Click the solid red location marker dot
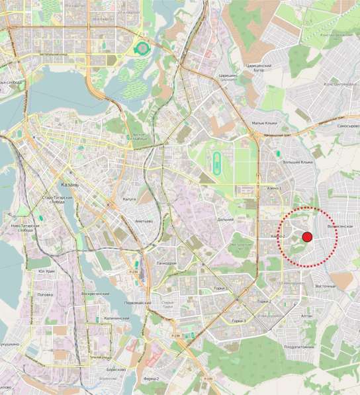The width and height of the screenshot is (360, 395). coord(307,237)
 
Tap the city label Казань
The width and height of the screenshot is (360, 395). coord(69,185)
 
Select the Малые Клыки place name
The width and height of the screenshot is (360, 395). coord(263,123)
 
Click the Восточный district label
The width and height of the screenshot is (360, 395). coord(326,286)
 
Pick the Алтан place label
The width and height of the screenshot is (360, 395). coord(306,316)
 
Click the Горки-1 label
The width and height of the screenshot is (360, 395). coord(222,288)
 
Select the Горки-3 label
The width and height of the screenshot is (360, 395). coord(235,321)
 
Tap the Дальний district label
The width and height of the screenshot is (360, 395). coord(225,220)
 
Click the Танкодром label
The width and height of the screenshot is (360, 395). coord(166,263)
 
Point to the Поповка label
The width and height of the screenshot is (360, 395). coord(45,294)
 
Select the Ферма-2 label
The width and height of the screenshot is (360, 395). coord(151,378)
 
